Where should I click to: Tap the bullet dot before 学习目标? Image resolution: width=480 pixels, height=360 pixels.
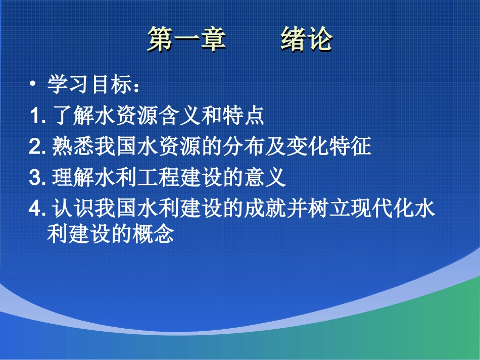33,85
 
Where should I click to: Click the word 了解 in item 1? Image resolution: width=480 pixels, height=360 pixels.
73,117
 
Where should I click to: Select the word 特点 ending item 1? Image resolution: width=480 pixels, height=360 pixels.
243,117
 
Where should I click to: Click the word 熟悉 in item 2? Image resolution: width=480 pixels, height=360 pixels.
73,147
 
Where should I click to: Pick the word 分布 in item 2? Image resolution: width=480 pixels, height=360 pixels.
243,147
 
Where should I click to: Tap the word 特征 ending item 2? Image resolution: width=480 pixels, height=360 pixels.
350,147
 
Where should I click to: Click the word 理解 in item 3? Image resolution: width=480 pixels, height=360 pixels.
73,178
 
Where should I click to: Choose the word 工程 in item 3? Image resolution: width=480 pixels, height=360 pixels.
158,178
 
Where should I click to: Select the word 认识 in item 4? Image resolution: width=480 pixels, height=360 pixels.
73,209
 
